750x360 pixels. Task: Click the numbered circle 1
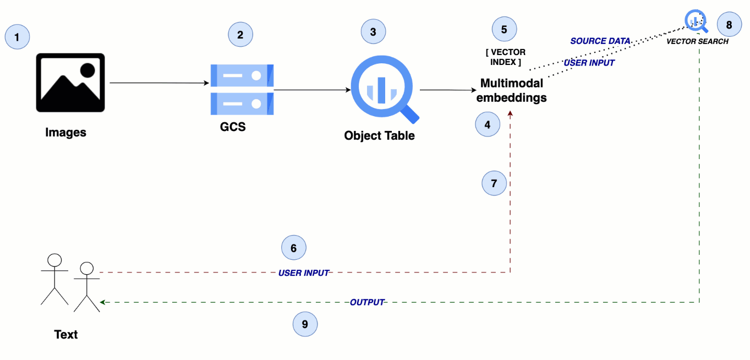click(17, 37)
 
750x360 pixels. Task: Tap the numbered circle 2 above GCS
click(240, 35)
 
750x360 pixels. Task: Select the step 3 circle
click(373, 32)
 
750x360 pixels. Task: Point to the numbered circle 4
click(488, 125)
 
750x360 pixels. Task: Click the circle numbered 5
click(504, 29)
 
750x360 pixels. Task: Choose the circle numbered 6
click(293, 248)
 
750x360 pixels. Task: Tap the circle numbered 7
click(494, 183)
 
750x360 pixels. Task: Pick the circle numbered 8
click(729, 25)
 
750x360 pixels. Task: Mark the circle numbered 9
click(305, 325)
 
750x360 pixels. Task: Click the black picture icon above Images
click(70, 83)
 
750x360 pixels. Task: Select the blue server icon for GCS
click(242, 89)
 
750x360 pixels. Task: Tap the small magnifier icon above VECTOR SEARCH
click(696, 21)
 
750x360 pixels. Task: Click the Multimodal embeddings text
click(512, 91)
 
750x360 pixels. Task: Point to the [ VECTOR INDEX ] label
click(505, 57)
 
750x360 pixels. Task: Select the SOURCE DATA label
click(600, 41)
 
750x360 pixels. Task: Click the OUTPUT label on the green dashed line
click(367, 302)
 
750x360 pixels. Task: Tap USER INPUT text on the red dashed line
click(304, 272)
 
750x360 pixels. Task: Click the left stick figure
click(54, 279)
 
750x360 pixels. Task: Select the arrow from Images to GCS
click(160, 83)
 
